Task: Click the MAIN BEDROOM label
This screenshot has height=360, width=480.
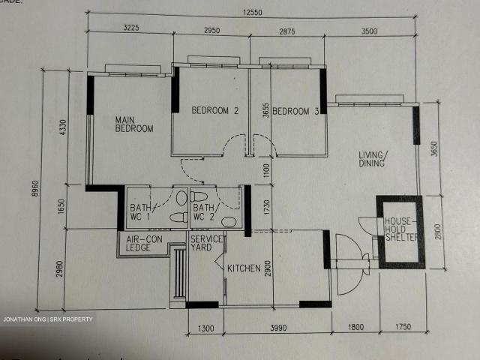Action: coord(133,124)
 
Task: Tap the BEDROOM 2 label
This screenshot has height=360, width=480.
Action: coord(214,111)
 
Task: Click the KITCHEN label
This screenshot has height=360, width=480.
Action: coord(244,268)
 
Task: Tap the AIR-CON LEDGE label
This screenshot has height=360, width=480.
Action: coord(143,243)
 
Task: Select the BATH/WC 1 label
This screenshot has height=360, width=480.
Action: coord(141,212)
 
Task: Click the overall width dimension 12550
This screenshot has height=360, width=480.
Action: coord(250,12)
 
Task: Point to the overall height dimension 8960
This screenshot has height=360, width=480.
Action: coord(35,191)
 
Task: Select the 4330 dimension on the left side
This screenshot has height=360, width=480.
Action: coord(63,128)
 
